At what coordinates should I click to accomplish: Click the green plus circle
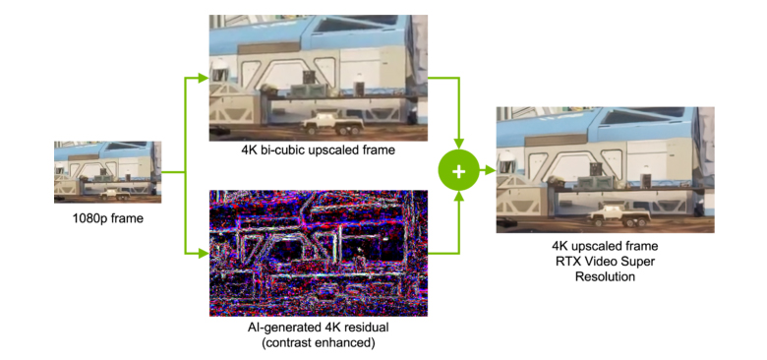click(457, 170)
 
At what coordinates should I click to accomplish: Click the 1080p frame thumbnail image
click(107, 171)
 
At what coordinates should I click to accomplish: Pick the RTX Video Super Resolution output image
click(605, 168)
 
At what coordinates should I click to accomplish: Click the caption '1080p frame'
click(107, 218)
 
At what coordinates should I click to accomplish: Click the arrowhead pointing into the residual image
click(205, 258)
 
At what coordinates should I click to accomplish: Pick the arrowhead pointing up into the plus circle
click(457, 200)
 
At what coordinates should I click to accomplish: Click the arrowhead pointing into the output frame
click(491, 170)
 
